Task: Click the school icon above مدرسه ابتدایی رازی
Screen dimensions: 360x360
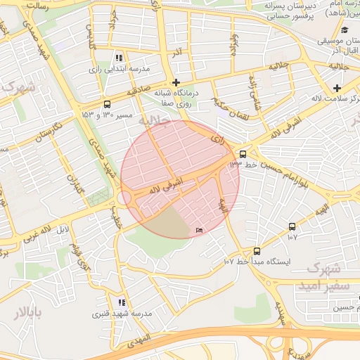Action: pyautogui.click(x=119, y=58)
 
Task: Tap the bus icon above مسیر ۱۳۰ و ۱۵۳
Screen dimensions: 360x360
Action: pyautogui.click(x=106, y=103)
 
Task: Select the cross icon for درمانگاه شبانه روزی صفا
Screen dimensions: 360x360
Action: pyautogui.click(x=176, y=82)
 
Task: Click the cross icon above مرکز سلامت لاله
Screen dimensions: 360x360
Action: pyautogui.click(x=337, y=88)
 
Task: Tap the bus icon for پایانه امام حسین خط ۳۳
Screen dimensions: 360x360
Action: pyautogui.click(x=243, y=153)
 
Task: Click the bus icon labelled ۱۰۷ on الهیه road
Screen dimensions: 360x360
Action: pyautogui.click(x=292, y=226)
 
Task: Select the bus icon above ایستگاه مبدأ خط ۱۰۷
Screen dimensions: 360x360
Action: pyautogui.click(x=256, y=250)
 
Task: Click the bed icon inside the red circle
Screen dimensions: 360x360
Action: pyautogui.click(x=200, y=230)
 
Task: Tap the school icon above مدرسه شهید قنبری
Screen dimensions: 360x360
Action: pyautogui.click(x=122, y=302)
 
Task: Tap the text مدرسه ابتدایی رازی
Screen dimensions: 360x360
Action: pyautogui.click(x=119, y=69)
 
